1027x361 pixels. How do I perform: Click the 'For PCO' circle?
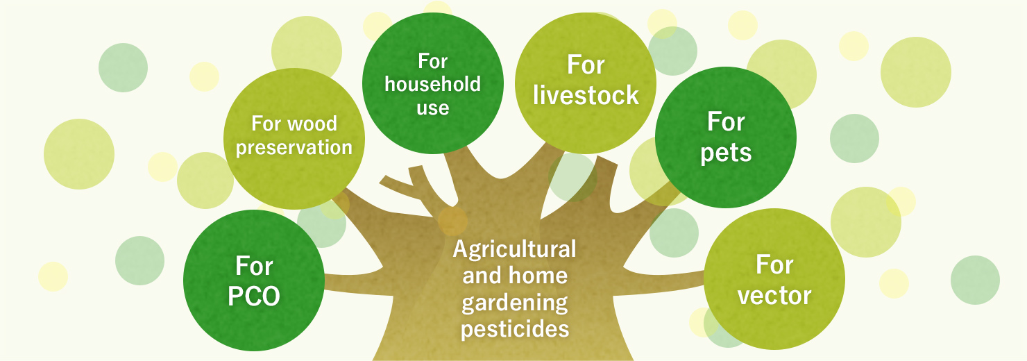tap(253, 280)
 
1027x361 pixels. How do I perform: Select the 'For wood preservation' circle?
tap(294, 139)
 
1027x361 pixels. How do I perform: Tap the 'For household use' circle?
tap(433, 83)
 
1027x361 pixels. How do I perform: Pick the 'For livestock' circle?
tap(586, 83)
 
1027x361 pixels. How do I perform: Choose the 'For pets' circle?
tap(726, 137)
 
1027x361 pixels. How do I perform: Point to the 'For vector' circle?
tap(774, 279)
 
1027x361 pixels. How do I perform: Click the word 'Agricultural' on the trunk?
tap(514, 250)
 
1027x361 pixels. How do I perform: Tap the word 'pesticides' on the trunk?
tap(515, 329)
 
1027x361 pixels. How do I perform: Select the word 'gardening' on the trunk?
tap(515, 303)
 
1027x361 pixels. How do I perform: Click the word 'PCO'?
tap(253, 296)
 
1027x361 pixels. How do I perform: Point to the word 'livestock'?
tap(586, 95)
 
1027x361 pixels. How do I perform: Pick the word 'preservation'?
tap(294, 148)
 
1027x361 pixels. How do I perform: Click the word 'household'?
tap(433, 84)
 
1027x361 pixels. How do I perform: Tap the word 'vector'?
tap(774, 296)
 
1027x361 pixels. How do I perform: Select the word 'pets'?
tap(726, 153)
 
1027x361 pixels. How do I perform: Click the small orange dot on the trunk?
tap(452, 221)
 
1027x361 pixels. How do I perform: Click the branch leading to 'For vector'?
tap(660, 281)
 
